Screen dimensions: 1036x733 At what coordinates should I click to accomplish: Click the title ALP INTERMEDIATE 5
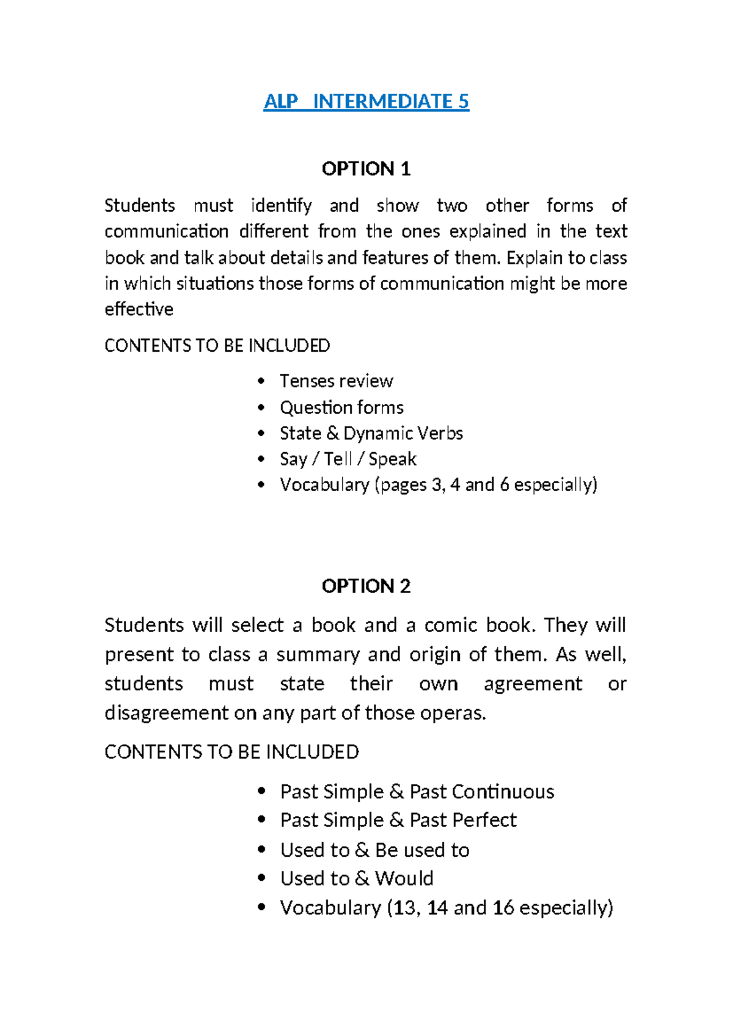[x=366, y=101]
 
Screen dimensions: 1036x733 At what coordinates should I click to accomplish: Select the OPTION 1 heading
[x=366, y=169]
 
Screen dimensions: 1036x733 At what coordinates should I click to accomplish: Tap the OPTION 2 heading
[x=366, y=586]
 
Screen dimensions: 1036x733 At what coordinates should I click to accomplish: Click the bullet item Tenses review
[x=336, y=381]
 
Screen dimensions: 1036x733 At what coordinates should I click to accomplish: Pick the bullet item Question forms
[x=341, y=407]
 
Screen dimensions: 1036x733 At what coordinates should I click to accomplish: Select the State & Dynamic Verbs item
[x=371, y=433]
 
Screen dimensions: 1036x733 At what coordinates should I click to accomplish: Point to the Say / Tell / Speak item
[x=348, y=459]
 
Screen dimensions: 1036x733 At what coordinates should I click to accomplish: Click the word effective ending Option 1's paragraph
[x=139, y=309]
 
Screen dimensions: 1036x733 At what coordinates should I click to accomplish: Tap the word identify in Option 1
[x=281, y=205]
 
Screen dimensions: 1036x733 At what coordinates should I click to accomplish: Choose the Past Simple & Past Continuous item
[x=417, y=792]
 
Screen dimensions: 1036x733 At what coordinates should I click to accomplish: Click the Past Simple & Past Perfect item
[x=398, y=820]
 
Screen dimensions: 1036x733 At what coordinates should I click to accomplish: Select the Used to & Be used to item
[x=374, y=850]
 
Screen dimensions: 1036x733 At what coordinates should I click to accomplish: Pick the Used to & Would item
[x=356, y=878]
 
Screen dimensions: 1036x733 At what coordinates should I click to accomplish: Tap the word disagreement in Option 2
[x=166, y=713]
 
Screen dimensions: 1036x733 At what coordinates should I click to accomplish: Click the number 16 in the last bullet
[x=503, y=908]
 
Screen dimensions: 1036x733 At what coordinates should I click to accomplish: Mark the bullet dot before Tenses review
[x=261, y=381]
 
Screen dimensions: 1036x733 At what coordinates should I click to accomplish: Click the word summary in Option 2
[x=318, y=655]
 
